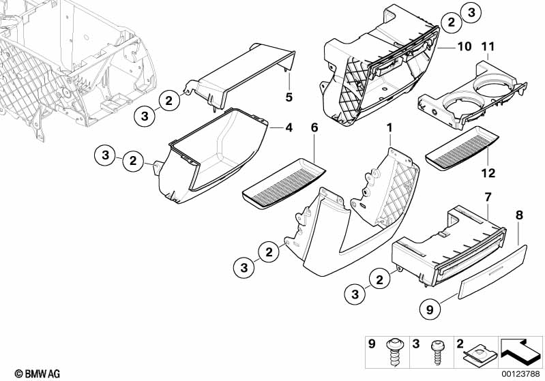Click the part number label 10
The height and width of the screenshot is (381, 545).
coord(464,47)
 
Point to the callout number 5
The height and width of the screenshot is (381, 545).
coord(289,97)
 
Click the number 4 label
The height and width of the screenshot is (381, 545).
coord(289,127)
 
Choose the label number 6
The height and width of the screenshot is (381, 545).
coord(314,127)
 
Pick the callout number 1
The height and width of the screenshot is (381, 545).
coord(389,127)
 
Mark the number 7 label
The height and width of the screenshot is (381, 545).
coord(488,196)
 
